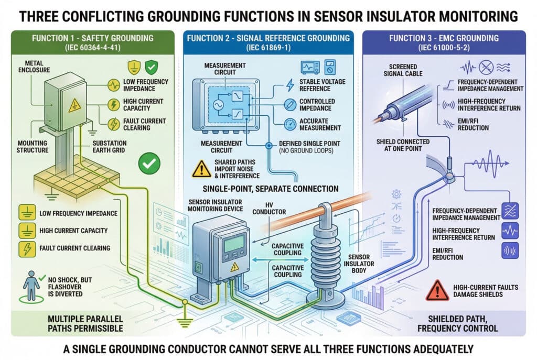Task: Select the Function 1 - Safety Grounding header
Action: pos(93,38)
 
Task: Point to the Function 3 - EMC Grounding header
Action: pos(443,38)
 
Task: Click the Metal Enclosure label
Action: pos(38,67)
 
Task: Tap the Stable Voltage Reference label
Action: pos(319,85)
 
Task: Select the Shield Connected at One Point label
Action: pos(403,145)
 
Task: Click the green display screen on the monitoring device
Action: pos(233,243)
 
